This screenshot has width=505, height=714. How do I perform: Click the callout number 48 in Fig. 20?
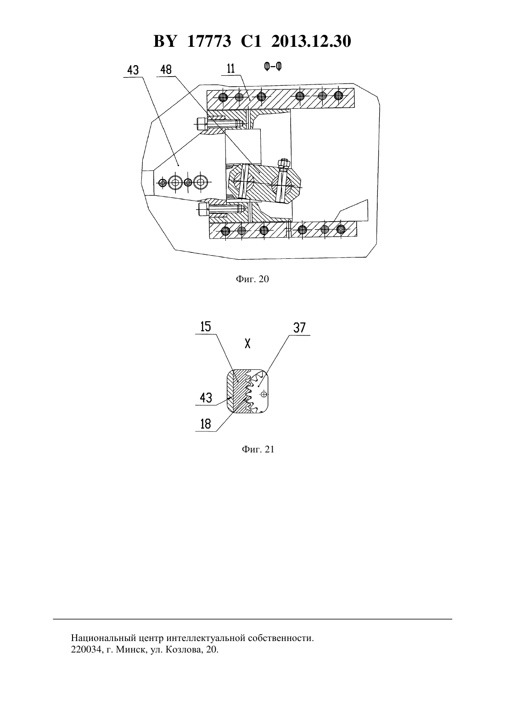(x=166, y=70)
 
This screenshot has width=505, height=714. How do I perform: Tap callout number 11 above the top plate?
(x=231, y=69)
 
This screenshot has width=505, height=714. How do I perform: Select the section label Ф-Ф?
(x=273, y=67)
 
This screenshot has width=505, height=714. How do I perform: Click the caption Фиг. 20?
(x=252, y=279)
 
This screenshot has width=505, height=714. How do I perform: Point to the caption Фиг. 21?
(x=258, y=449)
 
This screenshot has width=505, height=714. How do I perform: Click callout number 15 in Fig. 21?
(x=206, y=327)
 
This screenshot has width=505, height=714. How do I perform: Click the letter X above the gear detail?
(x=247, y=344)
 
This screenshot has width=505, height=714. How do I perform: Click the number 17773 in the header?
(x=209, y=41)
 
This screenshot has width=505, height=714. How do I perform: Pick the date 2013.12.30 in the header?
(x=311, y=41)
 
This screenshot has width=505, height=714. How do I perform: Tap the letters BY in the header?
(x=164, y=41)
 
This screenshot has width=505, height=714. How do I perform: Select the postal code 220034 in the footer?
(x=85, y=649)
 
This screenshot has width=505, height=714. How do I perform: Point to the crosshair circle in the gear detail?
(x=264, y=394)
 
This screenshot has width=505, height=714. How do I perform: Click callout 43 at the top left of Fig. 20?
(x=133, y=70)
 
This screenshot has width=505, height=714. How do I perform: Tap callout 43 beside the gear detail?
(x=206, y=398)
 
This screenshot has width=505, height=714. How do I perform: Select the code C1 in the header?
(x=251, y=41)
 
